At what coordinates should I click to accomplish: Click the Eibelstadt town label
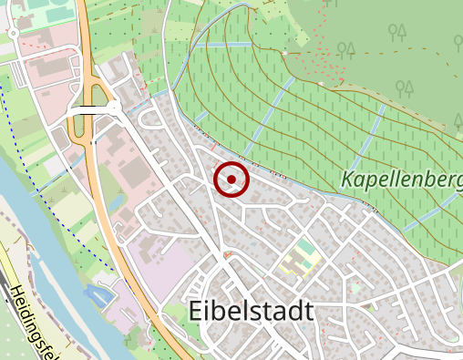(251, 311)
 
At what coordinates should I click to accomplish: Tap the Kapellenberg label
(401, 180)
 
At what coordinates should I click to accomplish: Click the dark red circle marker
(231, 180)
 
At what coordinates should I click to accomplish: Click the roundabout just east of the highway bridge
(115, 108)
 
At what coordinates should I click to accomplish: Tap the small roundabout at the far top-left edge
(14, 34)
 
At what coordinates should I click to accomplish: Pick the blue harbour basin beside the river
(98, 295)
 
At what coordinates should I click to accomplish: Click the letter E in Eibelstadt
(197, 311)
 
